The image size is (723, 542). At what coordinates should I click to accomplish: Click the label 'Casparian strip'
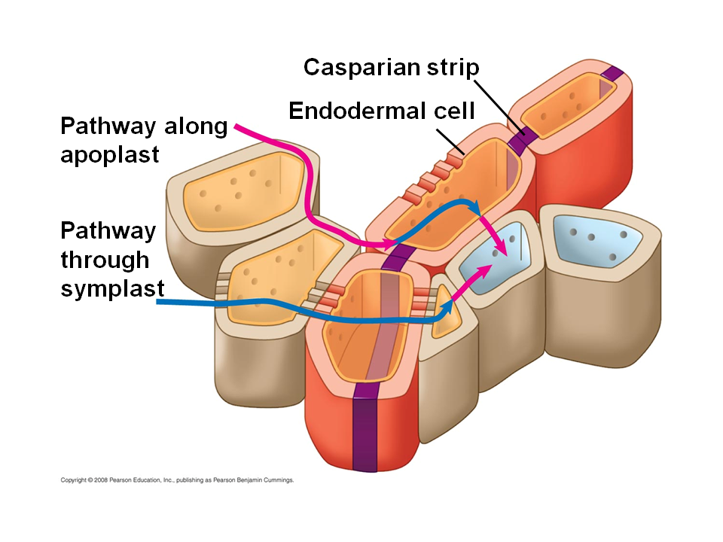(391, 68)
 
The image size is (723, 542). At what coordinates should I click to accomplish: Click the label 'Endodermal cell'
(382, 111)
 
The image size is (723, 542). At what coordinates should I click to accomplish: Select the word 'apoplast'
(110, 154)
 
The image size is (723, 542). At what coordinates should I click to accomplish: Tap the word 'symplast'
(112, 288)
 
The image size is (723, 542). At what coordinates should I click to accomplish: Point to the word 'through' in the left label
(105, 260)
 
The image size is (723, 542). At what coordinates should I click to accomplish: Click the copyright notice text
(176, 480)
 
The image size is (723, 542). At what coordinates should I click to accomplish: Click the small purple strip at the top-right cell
(612, 74)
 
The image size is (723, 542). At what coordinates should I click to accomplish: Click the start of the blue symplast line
(159, 303)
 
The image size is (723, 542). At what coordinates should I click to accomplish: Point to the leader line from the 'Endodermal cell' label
(453, 140)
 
